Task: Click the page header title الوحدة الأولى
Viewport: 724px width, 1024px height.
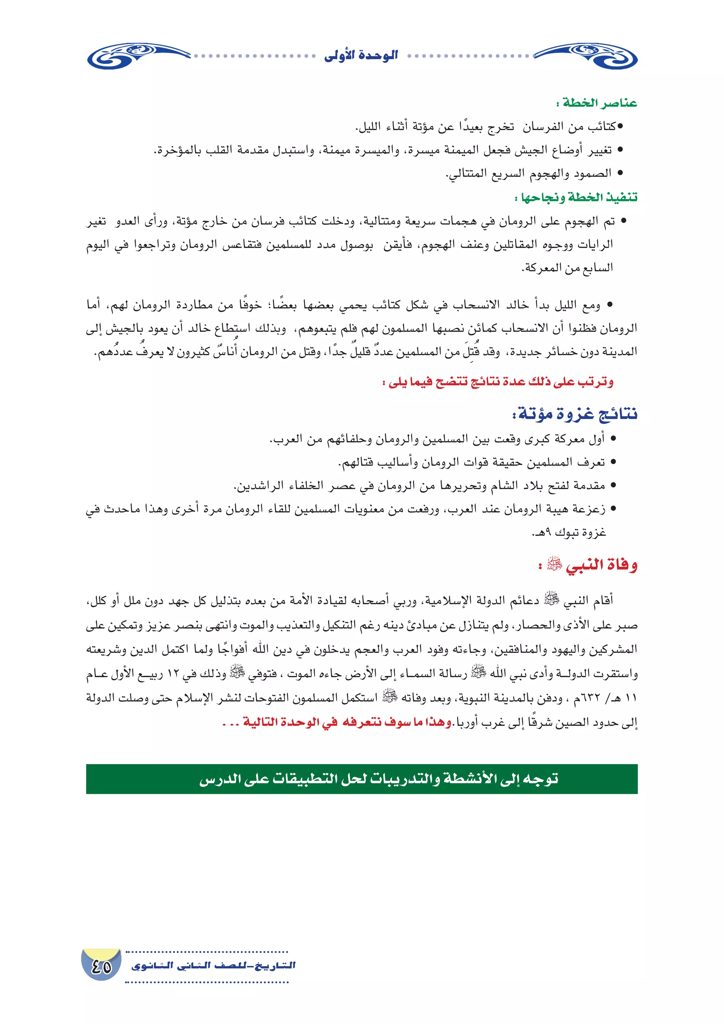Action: point(361,56)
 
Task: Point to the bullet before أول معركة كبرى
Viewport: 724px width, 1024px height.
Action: point(613,439)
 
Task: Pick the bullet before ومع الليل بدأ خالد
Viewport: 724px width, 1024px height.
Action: point(610,305)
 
